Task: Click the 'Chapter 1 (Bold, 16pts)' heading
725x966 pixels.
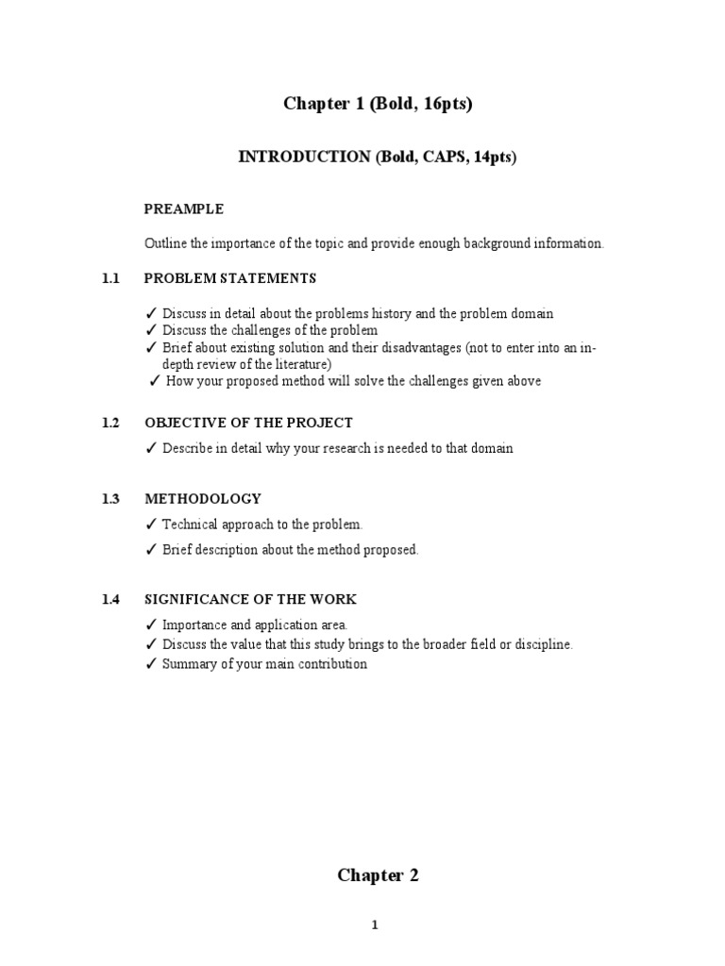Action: tap(378, 104)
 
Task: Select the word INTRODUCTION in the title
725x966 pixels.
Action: tap(304, 158)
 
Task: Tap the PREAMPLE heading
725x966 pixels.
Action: tap(183, 208)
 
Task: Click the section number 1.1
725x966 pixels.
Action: tap(111, 278)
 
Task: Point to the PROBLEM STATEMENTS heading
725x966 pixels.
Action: tap(229, 278)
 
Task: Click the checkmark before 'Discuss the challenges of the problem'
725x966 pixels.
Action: tap(151, 330)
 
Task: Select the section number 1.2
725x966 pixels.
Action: tap(111, 423)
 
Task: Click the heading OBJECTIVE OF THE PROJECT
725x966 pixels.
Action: tap(247, 423)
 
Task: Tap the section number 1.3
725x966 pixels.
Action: tap(111, 498)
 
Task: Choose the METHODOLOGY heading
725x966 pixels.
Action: tap(202, 498)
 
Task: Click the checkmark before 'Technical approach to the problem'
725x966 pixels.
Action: tap(151, 525)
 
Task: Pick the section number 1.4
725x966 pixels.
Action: tap(111, 599)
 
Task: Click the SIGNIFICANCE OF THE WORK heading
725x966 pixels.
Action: tap(250, 599)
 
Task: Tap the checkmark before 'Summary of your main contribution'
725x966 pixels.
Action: tap(151, 664)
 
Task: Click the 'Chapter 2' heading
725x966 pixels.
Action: tap(378, 875)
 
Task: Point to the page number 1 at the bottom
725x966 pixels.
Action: tap(375, 925)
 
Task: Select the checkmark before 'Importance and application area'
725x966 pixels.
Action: tap(151, 625)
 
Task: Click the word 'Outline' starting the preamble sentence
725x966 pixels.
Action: tap(164, 243)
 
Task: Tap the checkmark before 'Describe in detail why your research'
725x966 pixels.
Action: tap(151, 448)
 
